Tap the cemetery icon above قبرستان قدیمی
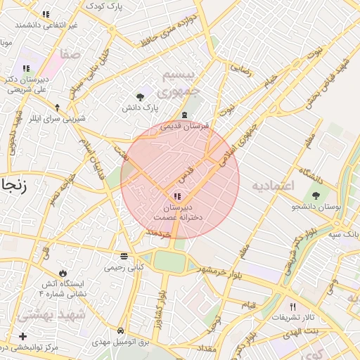[184, 115]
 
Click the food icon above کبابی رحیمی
[124, 256]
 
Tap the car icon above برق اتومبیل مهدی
[121, 330]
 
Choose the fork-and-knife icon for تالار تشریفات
[292, 307]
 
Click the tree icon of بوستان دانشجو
[314, 195]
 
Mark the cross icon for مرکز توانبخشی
[23, 337]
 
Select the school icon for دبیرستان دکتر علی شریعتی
[26, 68]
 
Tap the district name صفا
[71, 53]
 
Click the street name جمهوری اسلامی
[237, 136]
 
